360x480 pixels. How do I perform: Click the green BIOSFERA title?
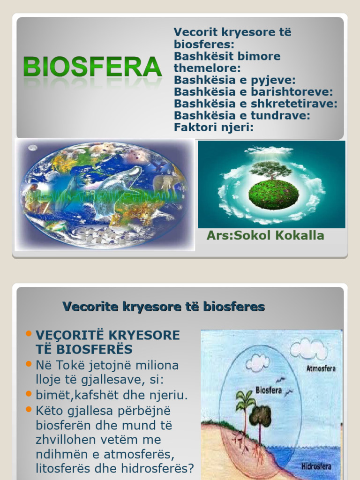point(93,67)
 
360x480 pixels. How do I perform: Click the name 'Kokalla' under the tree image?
point(299,235)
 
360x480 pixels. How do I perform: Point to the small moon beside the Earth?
point(32,148)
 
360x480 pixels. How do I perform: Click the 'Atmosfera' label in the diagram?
point(321,368)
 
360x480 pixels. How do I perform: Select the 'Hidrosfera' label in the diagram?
point(316,466)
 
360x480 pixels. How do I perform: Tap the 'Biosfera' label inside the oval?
point(269,390)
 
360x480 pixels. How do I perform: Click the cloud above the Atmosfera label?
point(308,348)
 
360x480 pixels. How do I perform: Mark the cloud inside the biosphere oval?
point(257,362)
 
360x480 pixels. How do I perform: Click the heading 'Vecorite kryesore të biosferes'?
point(164,307)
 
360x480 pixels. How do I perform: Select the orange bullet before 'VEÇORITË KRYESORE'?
point(29,334)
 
